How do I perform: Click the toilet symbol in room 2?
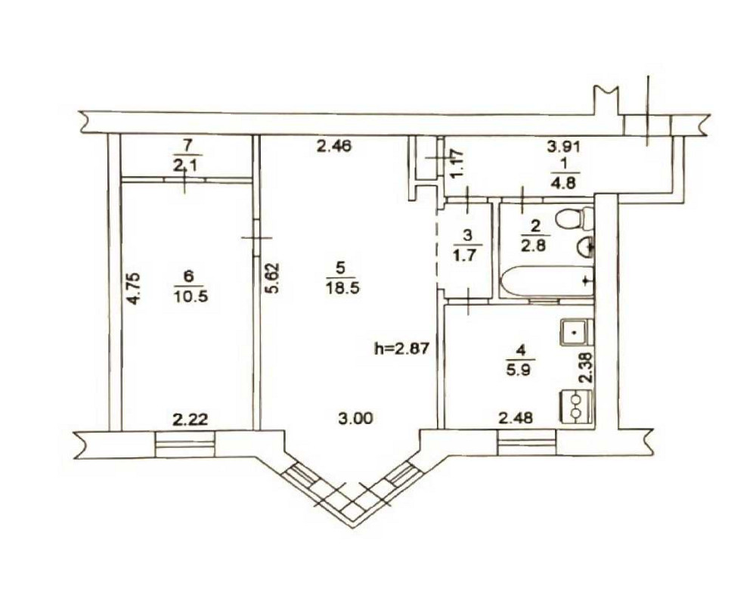point(572,219)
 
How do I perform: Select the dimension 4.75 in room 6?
point(134,288)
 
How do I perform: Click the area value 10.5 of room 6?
point(190,296)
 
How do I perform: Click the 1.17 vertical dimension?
point(456,162)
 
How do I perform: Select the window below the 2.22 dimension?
point(185,444)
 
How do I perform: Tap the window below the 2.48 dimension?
point(528,443)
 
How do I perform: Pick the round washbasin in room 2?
point(586,245)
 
